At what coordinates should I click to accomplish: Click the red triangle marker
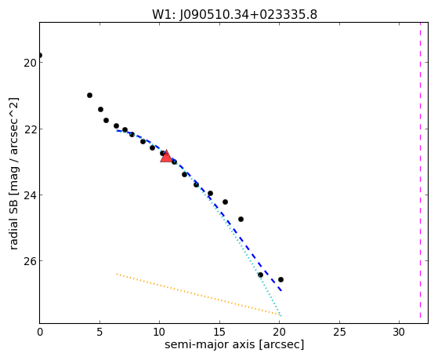pos(166,156)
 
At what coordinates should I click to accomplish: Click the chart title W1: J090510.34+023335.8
pos(234,15)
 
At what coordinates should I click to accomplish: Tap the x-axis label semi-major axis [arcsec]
pos(234,344)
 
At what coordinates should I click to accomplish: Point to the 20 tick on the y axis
pos(31,63)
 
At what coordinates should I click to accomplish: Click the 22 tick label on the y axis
pos(31,129)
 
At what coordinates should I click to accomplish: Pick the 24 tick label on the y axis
pos(31,195)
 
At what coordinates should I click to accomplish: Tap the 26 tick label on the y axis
pos(31,261)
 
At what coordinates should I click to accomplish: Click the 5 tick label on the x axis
pos(100,332)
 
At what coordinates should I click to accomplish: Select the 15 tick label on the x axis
pos(219,332)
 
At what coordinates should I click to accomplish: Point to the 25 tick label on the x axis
pos(339,332)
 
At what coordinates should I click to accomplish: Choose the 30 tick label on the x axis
pos(399,332)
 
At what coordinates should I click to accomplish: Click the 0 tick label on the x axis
pos(40,332)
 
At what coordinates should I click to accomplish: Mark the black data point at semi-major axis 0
pos(40,55)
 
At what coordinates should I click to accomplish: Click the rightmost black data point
pos(281,279)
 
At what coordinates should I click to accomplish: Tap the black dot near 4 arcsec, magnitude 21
pos(89,96)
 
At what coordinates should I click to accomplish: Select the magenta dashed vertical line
pos(420,170)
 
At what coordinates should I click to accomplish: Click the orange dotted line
pos(198,294)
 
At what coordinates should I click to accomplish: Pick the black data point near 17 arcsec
pos(241,219)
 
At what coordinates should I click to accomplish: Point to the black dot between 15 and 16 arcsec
pos(225,202)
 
